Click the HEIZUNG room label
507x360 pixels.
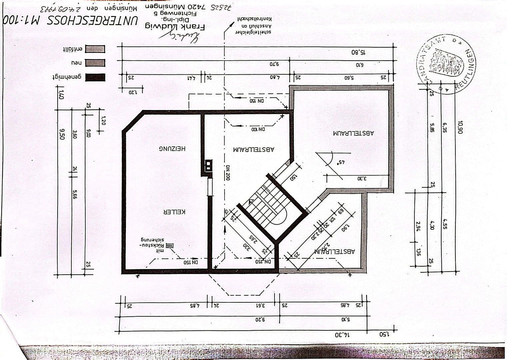(x=172, y=149)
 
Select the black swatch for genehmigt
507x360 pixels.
(x=95, y=77)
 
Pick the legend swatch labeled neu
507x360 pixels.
(x=95, y=63)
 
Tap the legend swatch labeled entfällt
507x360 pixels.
(x=95, y=49)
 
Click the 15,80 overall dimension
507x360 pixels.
(x=358, y=52)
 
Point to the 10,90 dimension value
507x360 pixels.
(x=460, y=127)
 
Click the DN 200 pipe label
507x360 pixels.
(x=228, y=173)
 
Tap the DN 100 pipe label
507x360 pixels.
(x=258, y=129)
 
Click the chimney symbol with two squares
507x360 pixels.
(x=208, y=166)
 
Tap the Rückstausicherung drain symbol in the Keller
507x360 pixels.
(x=170, y=246)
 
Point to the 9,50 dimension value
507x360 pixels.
(x=61, y=132)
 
